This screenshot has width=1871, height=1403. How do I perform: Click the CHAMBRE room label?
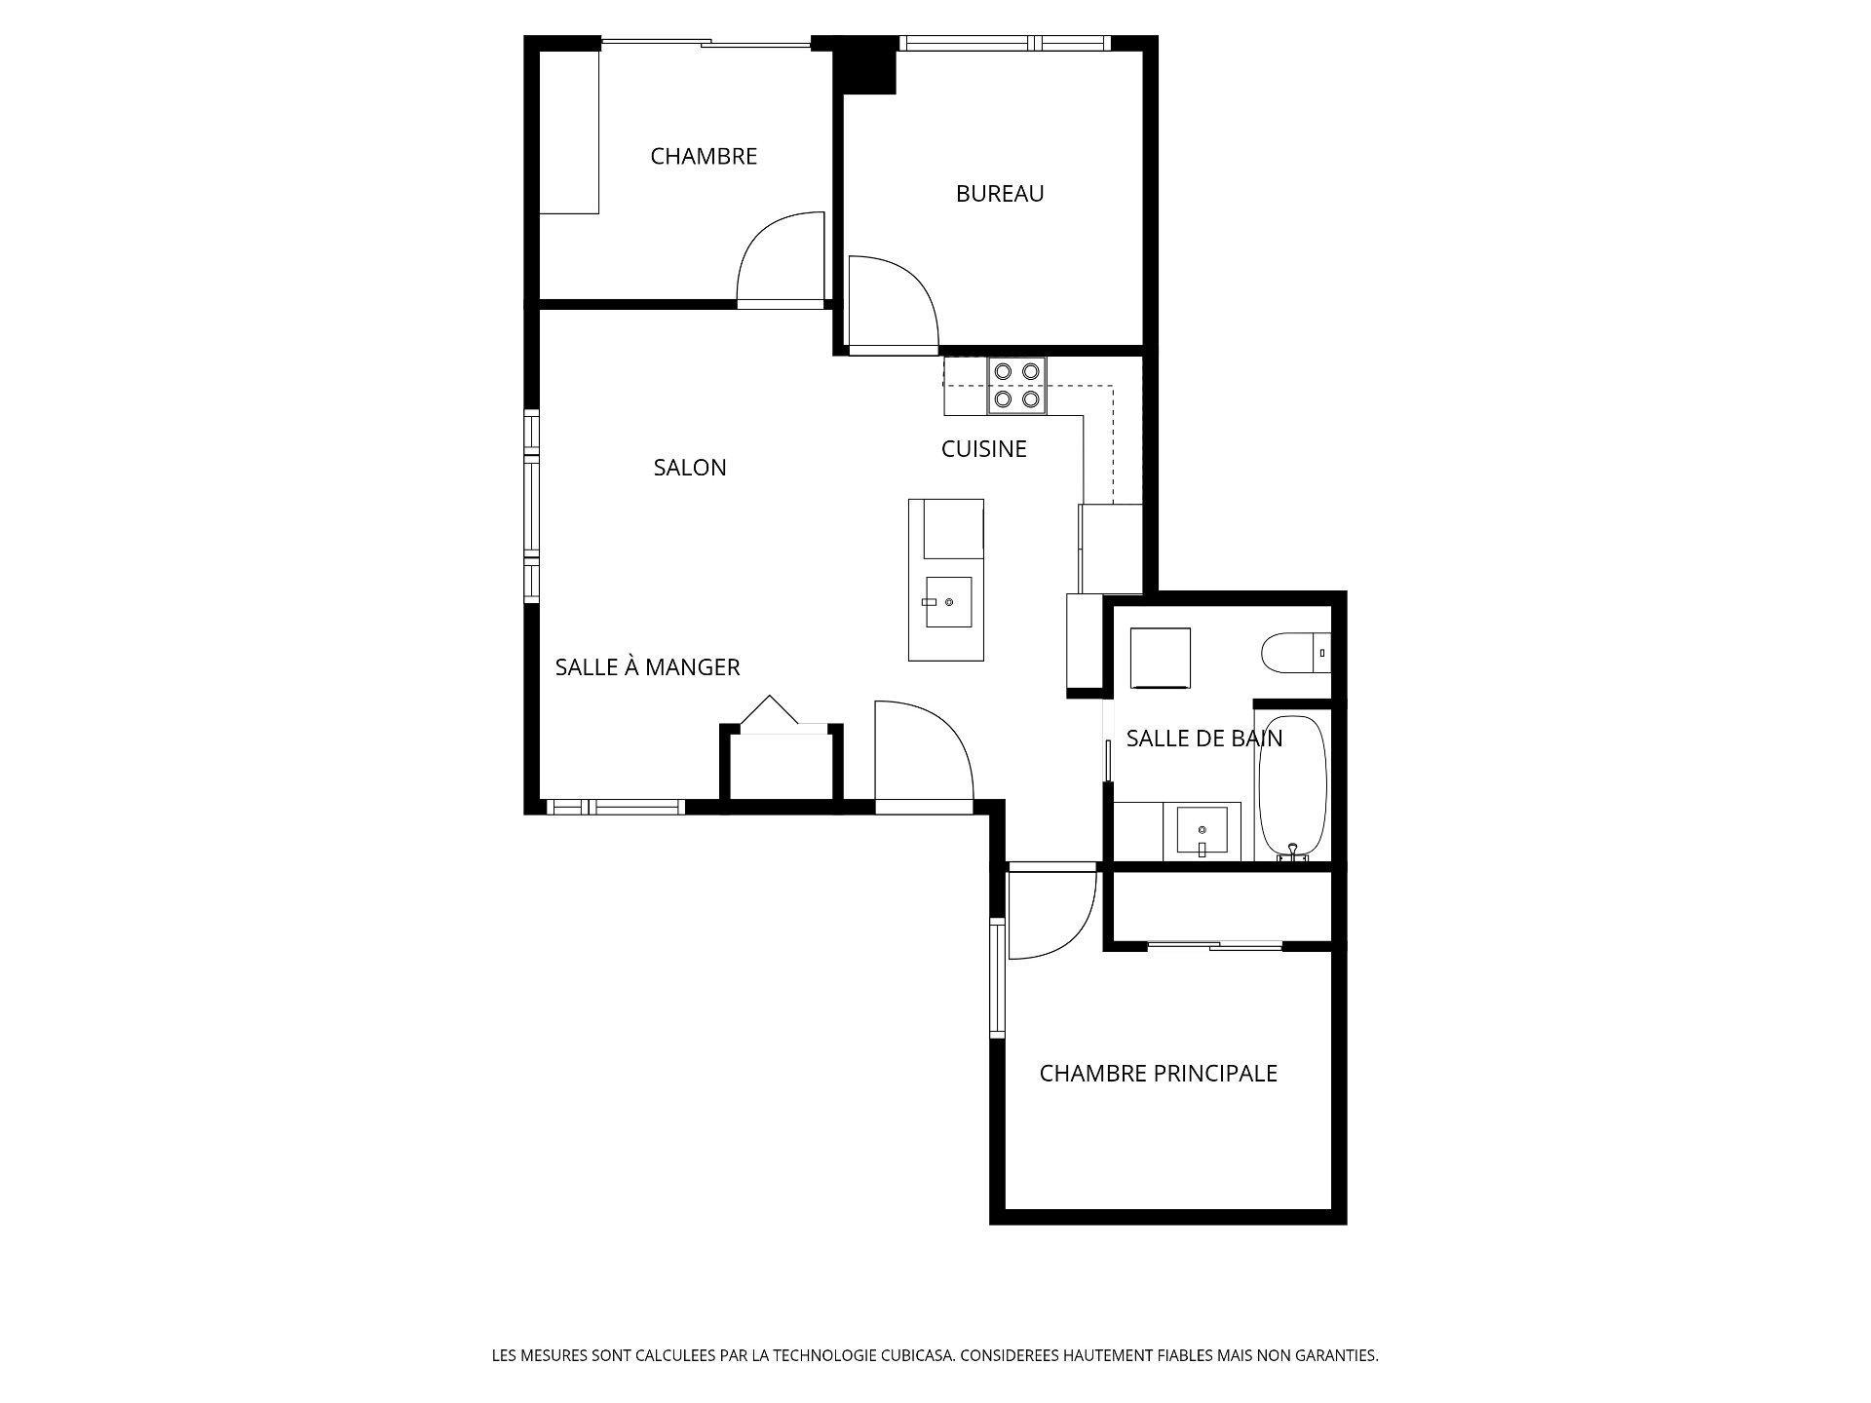[x=703, y=157]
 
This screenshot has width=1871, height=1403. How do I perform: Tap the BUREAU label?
[x=999, y=194]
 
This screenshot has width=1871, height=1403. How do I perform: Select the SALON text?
[x=690, y=468]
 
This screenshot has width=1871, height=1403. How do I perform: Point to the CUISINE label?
[x=983, y=449]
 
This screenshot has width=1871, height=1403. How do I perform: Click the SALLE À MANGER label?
[x=647, y=667]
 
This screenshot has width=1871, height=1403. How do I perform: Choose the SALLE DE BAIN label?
[x=1203, y=739]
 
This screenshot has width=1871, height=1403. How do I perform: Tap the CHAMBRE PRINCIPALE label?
[x=1158, y=1074]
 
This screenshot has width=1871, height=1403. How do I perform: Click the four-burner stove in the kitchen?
[x=1016, y=385]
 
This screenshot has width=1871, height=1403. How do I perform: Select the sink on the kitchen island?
[x=947, y=603]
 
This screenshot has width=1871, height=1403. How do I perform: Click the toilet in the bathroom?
[x=1291, y=653]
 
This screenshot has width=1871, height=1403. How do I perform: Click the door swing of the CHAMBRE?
[x=780, y=258]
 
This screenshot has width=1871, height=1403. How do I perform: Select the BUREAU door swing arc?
[x=892, y=302]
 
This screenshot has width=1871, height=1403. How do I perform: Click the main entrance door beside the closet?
[x=921, y=755]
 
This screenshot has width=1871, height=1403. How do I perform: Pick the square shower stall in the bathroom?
[x=1160, y=658]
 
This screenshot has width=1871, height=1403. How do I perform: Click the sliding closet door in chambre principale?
[x=1214, y=944]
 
